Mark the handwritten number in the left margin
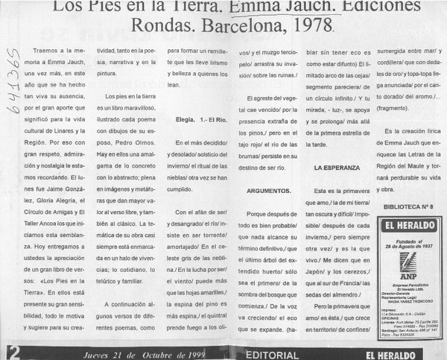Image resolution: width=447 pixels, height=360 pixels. (11, 82)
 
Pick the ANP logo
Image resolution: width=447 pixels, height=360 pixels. (408, 262)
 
